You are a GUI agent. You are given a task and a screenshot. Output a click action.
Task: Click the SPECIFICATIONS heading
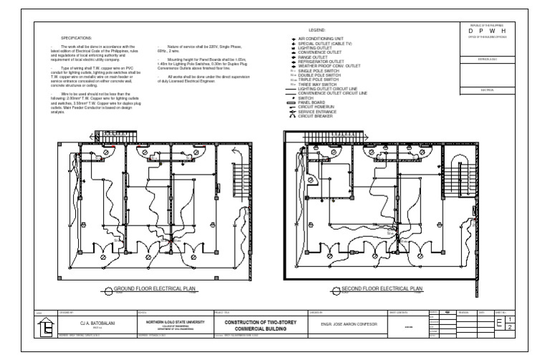point(76,36)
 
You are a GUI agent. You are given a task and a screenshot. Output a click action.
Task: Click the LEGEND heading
point(317,31)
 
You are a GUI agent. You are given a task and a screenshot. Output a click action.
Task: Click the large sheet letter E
point(500,324)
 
